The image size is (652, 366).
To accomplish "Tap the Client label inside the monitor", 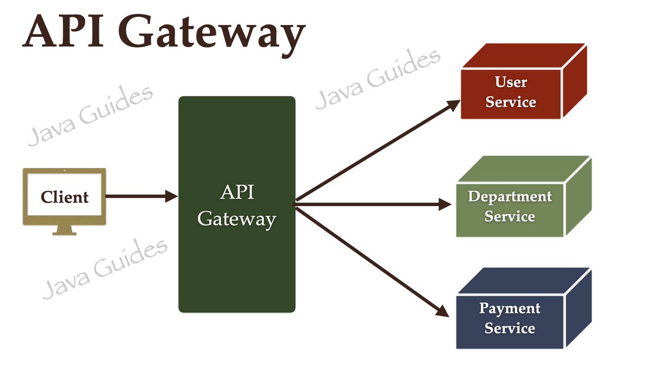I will (x=65, y=197).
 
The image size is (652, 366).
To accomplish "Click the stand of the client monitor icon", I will (x=64, y=230).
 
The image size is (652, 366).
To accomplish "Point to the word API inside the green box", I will (x=237, y=192).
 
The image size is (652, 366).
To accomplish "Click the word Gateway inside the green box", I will (x=237, y=219).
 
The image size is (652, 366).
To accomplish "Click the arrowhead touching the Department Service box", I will (x=446, y=204).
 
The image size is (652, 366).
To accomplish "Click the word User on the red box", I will (x=511, y=82).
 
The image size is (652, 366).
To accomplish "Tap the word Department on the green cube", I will (x=510, y=196).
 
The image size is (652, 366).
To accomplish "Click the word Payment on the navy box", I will (x=510, y=309).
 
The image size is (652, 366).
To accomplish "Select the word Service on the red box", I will (x=511, y=102).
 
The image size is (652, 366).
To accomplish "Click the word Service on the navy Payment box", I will (x=510, y=328).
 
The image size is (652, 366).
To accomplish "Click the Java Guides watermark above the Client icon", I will (x=90, y=115).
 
